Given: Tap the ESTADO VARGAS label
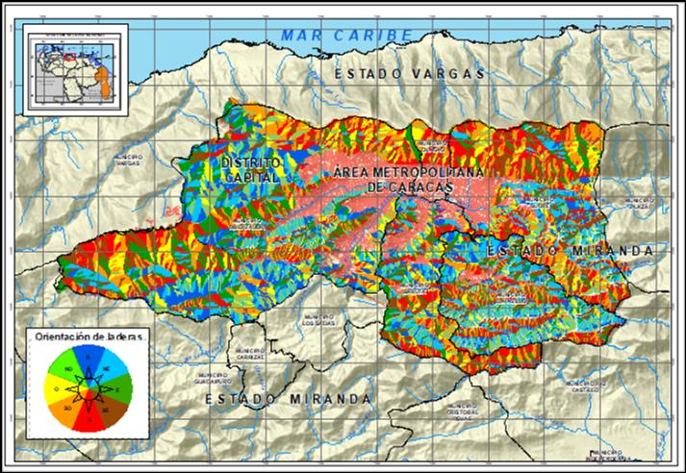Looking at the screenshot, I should (408, 73).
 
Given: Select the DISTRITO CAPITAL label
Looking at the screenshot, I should (248, 170).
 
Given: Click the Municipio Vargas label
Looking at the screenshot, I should (128, 160).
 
